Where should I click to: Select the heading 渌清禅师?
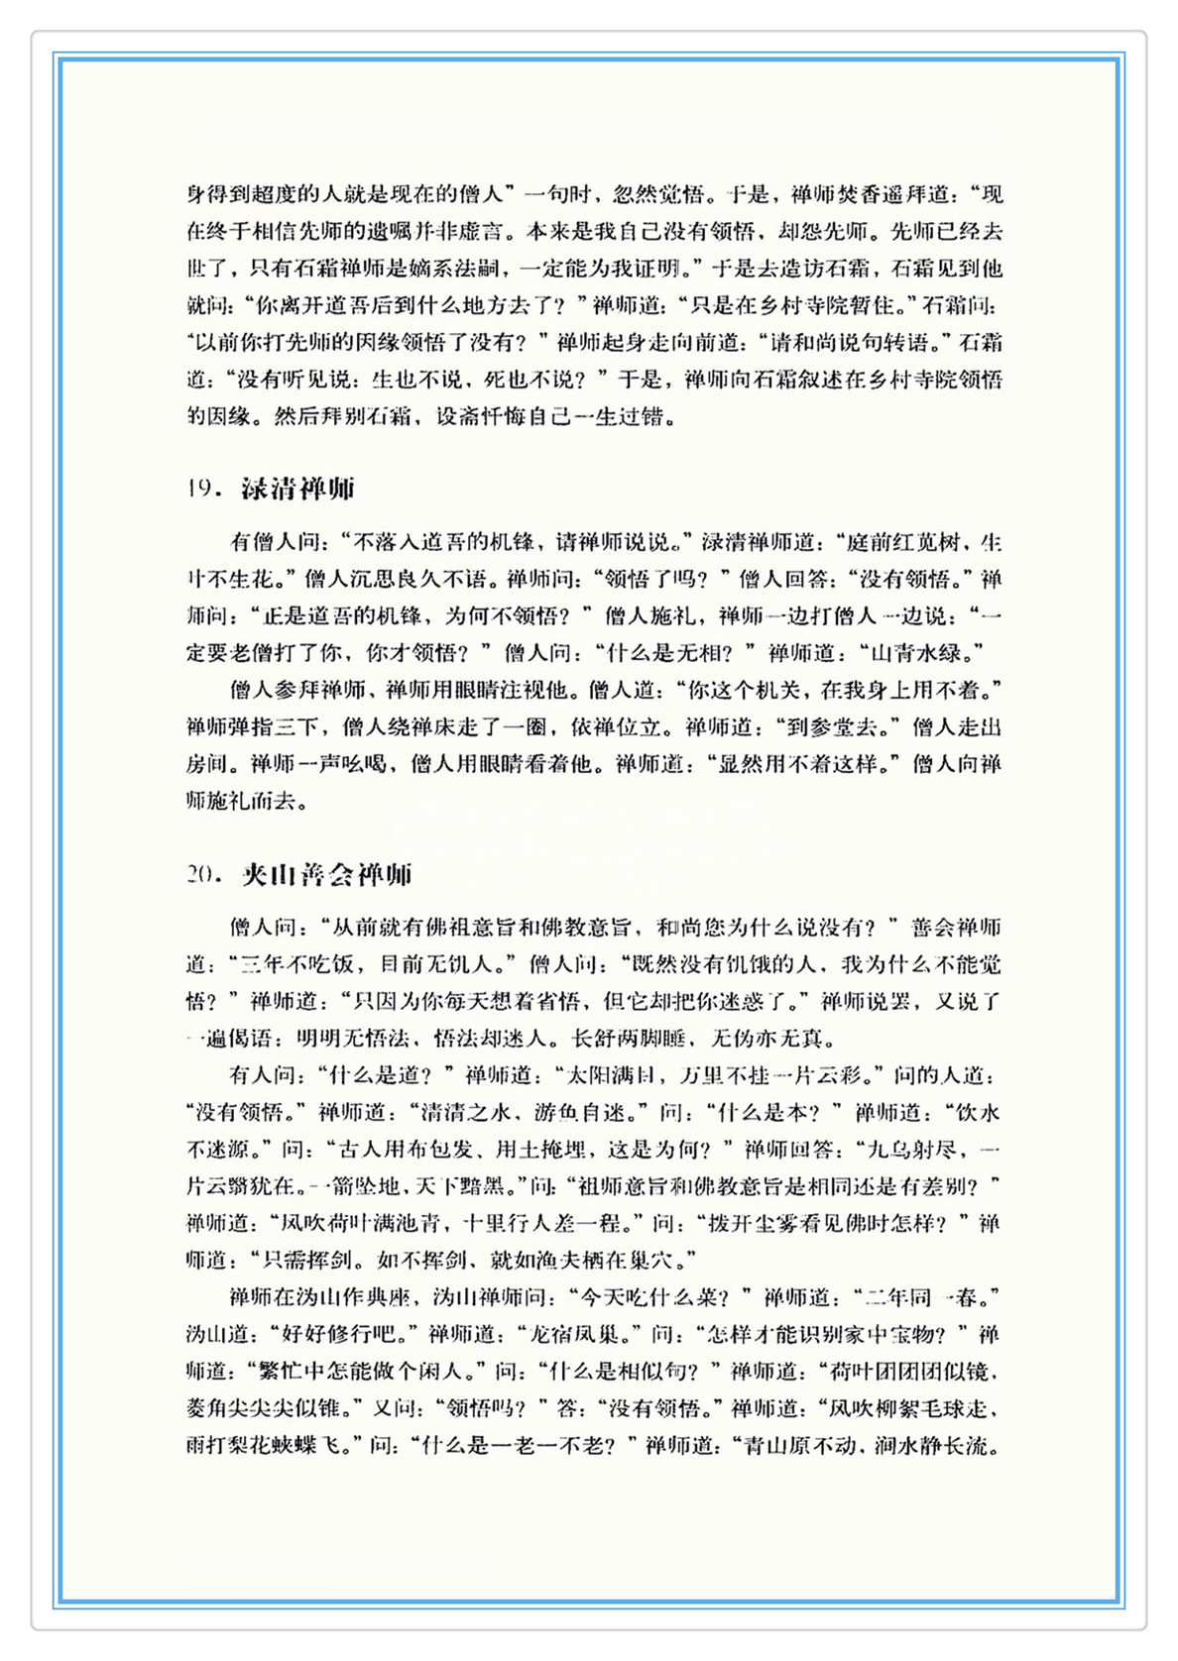pos(297,489)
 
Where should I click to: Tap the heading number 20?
pos(202,874)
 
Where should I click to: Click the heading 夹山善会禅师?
pos(326,874)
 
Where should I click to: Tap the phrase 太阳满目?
pos(608,1075)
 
